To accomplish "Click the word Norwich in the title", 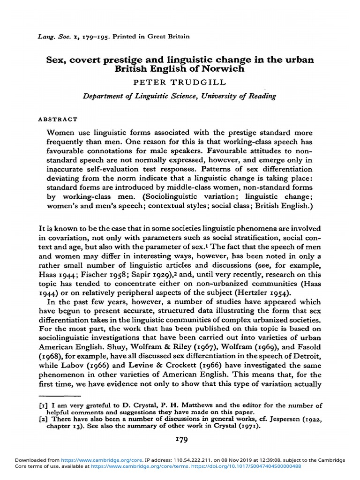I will coord(225,69).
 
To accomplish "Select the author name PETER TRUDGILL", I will coord(180,82).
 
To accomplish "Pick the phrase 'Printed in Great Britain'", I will coord(155,36).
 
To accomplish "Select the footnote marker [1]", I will coord(43,405).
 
